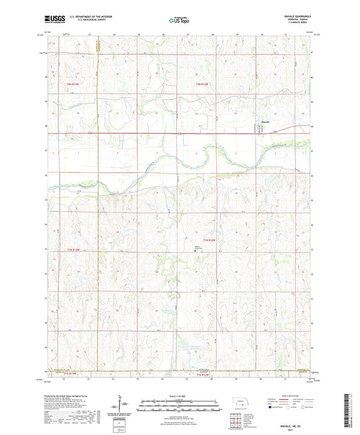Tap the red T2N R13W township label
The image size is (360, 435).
(x=72, y=84)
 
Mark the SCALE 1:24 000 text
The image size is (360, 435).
(x=179, y=395)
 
